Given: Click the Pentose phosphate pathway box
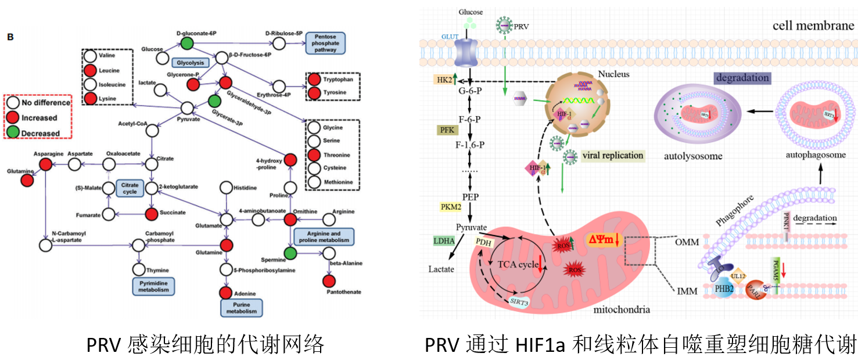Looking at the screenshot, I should (325, 44).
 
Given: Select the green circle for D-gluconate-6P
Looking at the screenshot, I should (186, 43).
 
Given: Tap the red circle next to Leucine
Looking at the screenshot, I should (90, 71).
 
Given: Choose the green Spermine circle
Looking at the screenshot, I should (290, 253).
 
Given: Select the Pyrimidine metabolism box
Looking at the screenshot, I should (154, 285).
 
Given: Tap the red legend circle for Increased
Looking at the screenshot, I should (13, 118).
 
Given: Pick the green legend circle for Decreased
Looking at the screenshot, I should (13, 133).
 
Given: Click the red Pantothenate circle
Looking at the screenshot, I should (329, 281).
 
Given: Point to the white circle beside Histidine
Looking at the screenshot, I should (227, 188).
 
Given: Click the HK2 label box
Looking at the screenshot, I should (446, 81).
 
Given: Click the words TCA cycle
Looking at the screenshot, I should (517, 264).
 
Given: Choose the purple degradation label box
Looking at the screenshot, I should (742, 78).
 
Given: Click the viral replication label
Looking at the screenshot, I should (612, 156).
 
